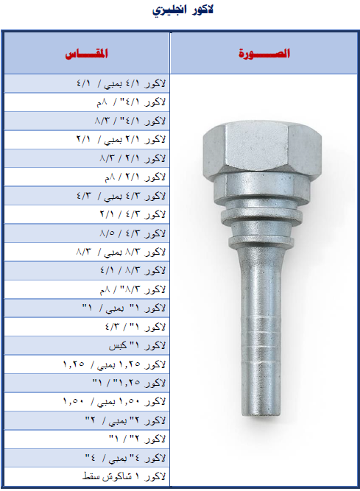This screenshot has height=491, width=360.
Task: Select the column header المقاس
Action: click(87, 54)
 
